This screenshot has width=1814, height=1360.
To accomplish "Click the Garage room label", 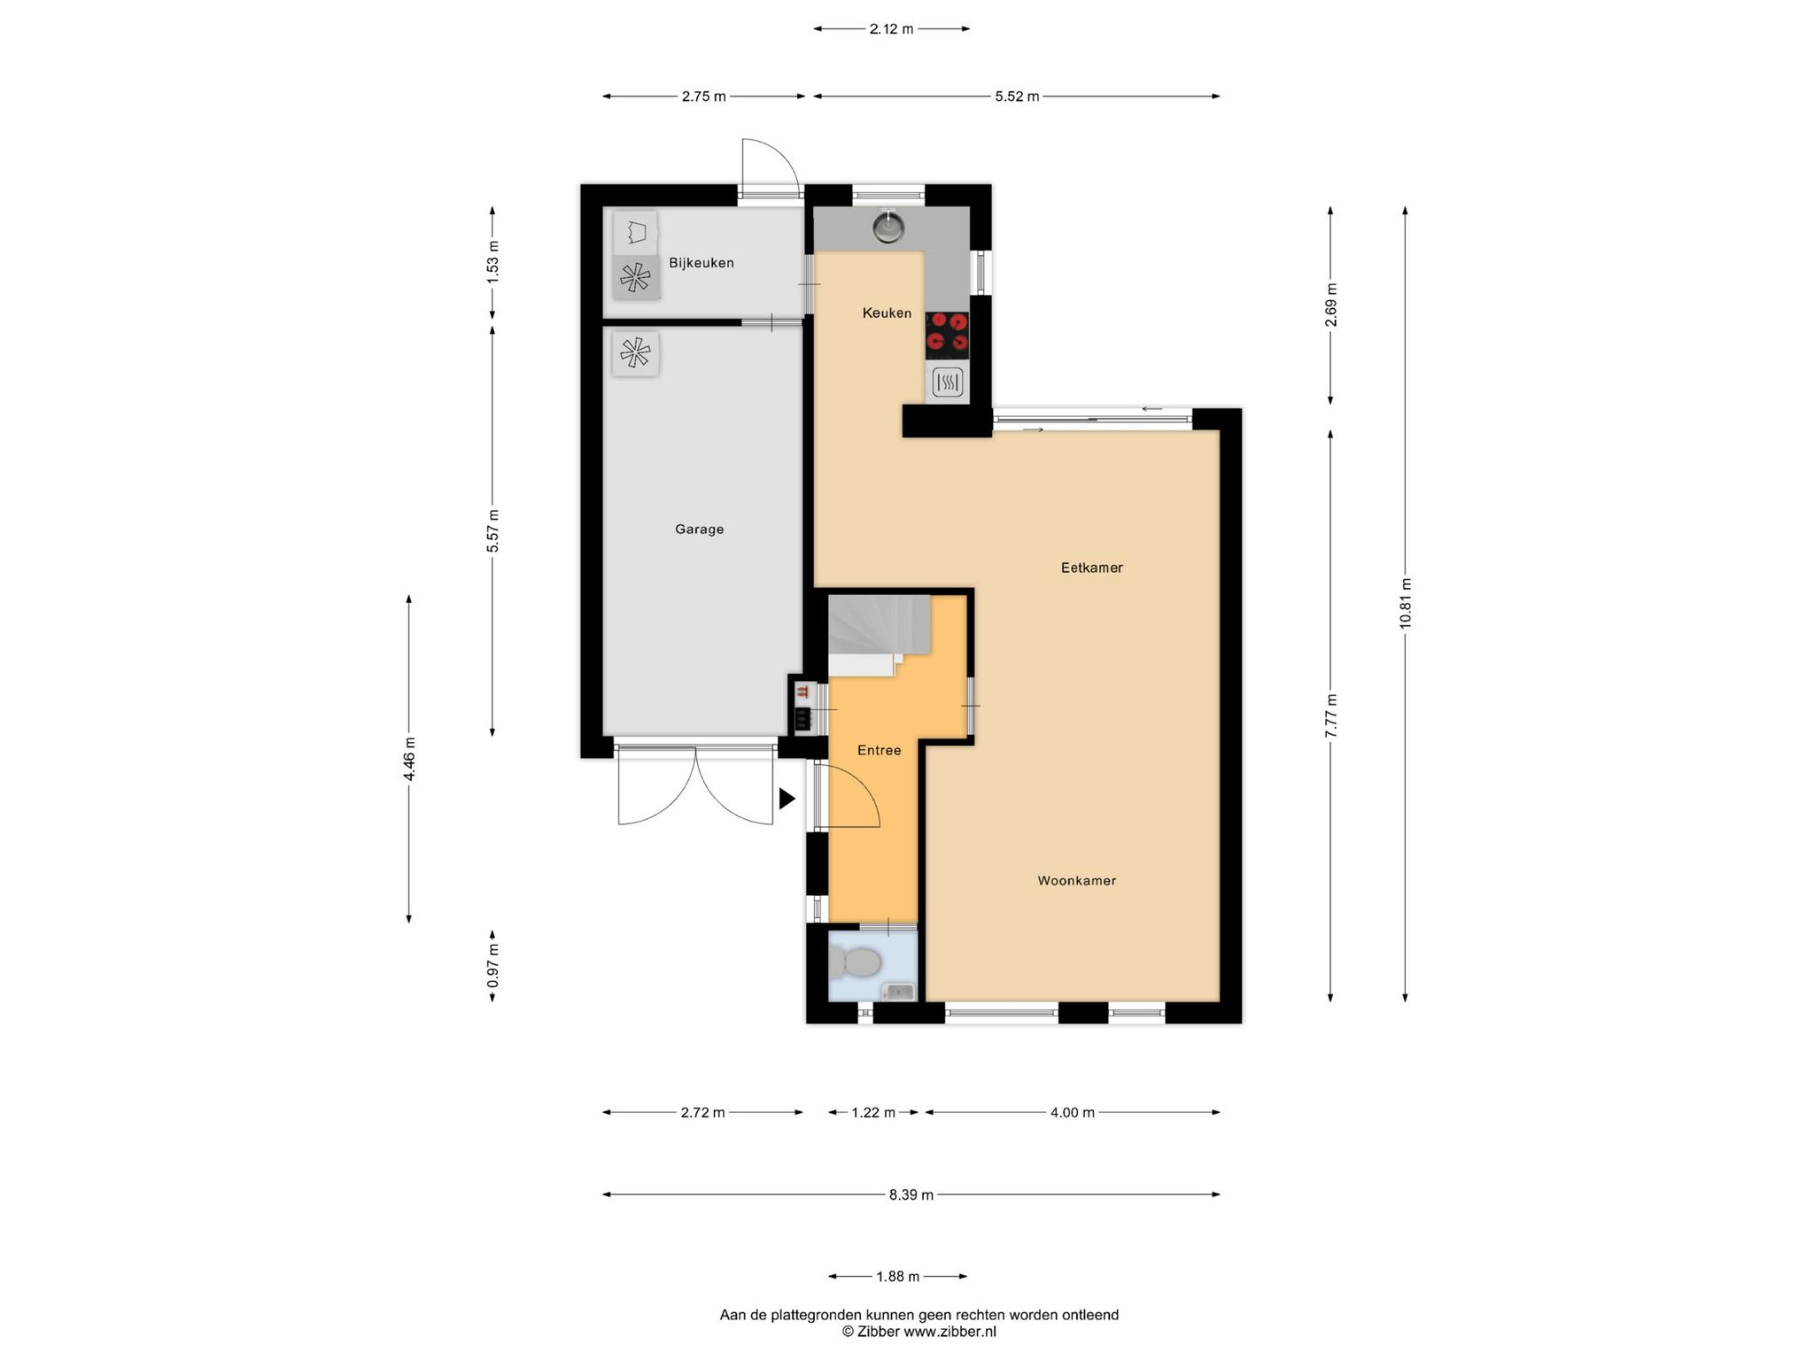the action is pos(699,529).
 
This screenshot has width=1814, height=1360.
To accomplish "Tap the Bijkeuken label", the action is pos(702,263).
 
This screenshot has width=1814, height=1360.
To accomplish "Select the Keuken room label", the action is pos(887,313).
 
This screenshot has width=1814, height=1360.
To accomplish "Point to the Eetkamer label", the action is pos(1091,568).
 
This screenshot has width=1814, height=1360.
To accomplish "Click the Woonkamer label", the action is pos(1076,881).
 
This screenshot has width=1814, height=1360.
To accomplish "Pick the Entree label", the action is pos(879,751).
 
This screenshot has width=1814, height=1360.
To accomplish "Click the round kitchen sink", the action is pos(888,228).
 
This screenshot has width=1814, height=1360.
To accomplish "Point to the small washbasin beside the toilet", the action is pos(898,992).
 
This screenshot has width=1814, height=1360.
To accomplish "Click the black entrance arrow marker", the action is pos(787,800).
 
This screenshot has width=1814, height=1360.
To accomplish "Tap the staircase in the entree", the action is pos(879,636).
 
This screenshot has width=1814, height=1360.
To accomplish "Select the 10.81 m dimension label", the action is pos(1405,603).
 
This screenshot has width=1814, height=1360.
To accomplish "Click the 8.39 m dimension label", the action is pos(911,1195).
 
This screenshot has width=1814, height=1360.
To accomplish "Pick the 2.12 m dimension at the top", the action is pos(891,29).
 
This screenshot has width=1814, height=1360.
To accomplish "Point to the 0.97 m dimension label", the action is pos(493,966).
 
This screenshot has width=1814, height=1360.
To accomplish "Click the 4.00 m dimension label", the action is pos(1073,1113).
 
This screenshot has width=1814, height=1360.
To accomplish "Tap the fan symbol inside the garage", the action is pos(635,354).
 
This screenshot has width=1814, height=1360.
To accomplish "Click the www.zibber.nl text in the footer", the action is pos(950,1332).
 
